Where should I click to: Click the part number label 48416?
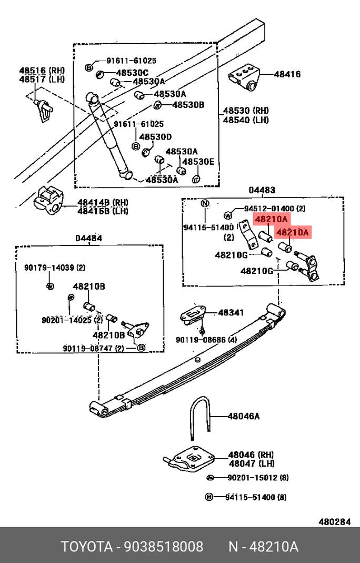coord(287,74)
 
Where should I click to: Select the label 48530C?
coord(132,73)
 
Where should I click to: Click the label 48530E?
coord(198,162)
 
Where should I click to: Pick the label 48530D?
coord(156,136)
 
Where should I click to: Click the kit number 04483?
coord(262,190)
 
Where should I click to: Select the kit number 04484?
coord(88,238)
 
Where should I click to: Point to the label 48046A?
coord(244,416)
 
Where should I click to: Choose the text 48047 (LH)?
coord(252,463)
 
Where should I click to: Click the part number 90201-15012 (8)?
coord(257,478)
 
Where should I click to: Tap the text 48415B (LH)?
coord(103,211)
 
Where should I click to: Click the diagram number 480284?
coord(334,522)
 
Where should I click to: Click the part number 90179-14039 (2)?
coord(55,268)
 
